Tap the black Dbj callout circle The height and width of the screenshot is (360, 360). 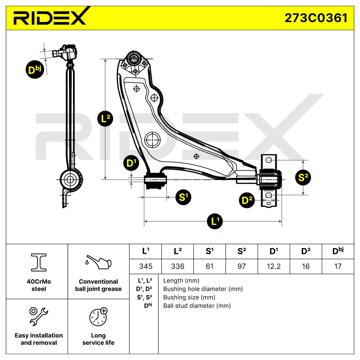(35, 70)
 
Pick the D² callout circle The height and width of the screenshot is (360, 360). (247, 200)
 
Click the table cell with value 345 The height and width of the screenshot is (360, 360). (145, 266)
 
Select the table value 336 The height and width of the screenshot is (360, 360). (177, 266)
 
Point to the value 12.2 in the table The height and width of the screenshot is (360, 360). (273, 266)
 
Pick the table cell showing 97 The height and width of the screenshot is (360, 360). (242, 266)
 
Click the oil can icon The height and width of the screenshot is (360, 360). (98, 262)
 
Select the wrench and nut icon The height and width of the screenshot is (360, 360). (39, 316)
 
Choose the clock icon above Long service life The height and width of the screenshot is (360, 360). (98, 316)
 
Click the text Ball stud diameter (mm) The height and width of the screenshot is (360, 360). (197, 306)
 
